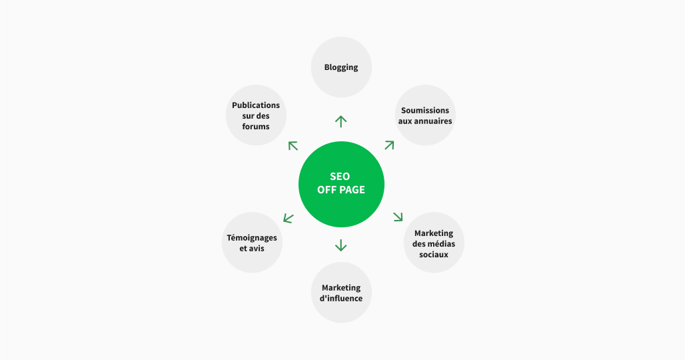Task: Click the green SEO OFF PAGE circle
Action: point(341,183)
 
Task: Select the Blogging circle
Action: point(341,67)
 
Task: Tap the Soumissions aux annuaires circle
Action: point(424,115)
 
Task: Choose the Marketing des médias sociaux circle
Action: point(434,243)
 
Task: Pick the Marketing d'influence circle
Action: point(341,293)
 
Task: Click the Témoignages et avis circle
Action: point(252,243)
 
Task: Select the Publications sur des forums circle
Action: point(256,115)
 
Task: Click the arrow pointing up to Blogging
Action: point(341,121)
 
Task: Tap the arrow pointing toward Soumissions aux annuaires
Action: point(389,145)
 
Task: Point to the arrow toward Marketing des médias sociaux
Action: point(398,216)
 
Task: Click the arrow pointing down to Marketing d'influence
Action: point(341,245)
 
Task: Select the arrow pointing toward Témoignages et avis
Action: point(288,217)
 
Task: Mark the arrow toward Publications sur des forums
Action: point(293,145)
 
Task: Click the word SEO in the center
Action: point(340,177)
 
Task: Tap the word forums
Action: point(256,127)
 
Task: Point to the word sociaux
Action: point(434,254)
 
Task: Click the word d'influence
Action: point(341,298)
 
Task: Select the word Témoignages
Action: point(252,238)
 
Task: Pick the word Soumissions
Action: point(424,110)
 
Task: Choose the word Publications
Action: point(256,105)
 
